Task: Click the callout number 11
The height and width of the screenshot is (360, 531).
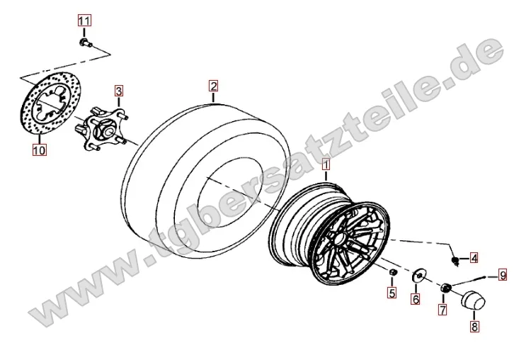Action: point(84,21)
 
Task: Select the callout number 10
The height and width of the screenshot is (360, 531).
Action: point(39,150)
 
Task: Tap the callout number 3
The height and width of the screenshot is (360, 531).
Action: point(118,91)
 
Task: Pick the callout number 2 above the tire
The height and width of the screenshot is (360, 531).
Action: point(213,86)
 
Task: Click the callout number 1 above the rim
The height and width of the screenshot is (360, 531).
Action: point(326,165)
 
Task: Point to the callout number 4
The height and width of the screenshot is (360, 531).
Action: point(474,258)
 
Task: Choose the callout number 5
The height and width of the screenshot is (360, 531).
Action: point(392,293)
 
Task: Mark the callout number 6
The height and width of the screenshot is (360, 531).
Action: point(416,299)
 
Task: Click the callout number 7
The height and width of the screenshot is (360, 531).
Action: point(442,309)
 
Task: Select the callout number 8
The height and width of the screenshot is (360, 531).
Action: point(474,327)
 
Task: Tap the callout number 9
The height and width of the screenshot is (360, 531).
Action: point(503,275)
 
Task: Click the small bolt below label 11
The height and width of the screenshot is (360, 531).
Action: point(86,43)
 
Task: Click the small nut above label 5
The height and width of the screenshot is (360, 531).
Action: point(392,272)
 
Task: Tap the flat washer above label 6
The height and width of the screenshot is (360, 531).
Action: point(419,274)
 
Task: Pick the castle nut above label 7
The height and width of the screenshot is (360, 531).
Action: point(445,288)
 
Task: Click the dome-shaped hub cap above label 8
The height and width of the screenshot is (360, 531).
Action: point(473,300)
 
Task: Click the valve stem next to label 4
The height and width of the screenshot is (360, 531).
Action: point(456,261)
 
